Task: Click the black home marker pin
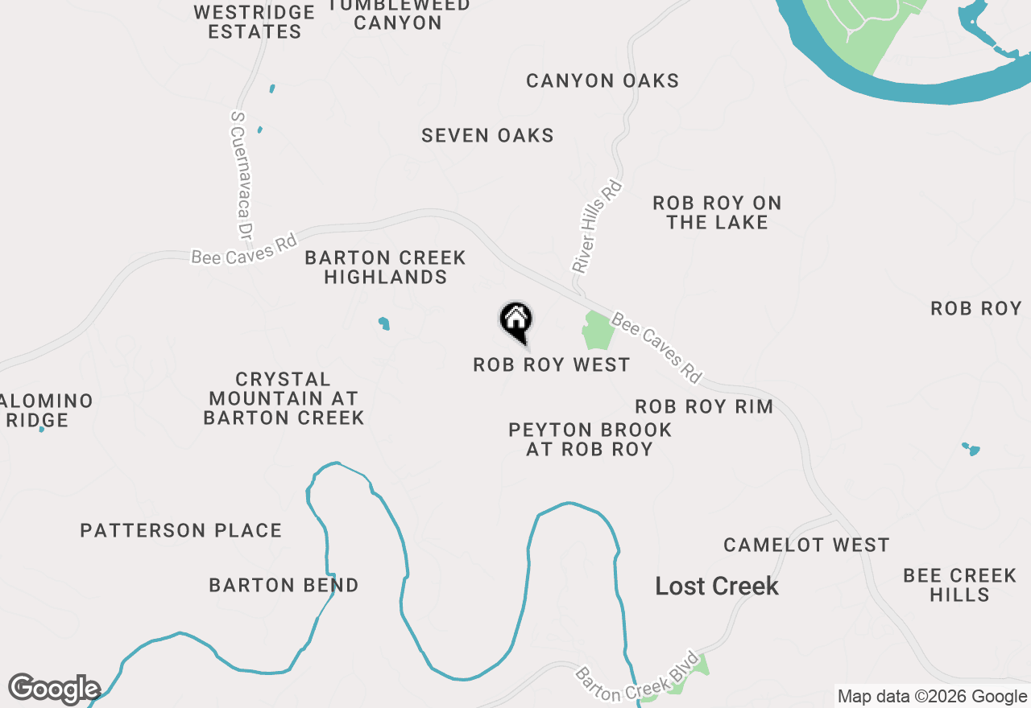[x=516, y=320]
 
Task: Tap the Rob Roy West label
[x=551, y=365]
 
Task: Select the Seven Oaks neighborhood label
[x=487, y=135]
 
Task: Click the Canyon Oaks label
[x=602, y=80]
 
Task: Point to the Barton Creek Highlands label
[x=385, y=267]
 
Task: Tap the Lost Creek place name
[x=717, y=586]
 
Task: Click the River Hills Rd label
[x=598, y=226]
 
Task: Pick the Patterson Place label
[x=181, y=530]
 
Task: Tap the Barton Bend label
[x=284, y=585]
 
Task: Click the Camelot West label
[x=806, y=545]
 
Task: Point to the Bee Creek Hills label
[x=959, y=585]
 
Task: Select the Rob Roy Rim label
[x=704, y=406]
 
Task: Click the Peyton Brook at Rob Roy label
[x=590, y=439]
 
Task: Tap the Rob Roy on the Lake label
[x=717, y=212]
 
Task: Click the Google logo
[x=54, y=689]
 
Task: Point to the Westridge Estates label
[x=255, y=22]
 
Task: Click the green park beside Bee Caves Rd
[x=597, y=331]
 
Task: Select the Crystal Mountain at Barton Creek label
[x=284, y=398]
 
